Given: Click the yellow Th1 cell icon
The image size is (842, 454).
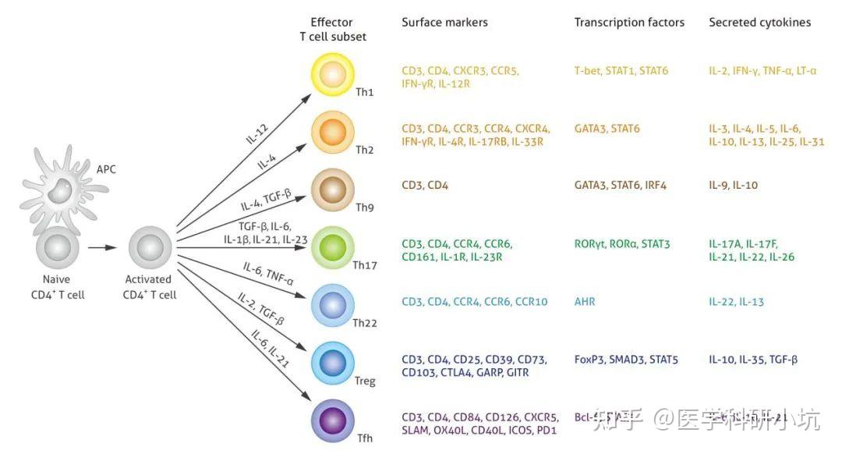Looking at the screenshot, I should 334,75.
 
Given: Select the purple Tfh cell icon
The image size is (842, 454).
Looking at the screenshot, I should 334,419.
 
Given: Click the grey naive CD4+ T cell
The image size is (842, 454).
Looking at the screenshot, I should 56,248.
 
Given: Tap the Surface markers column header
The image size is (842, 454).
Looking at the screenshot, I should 444,23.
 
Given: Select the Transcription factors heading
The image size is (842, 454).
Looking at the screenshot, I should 629,23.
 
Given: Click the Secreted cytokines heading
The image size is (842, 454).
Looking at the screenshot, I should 759,23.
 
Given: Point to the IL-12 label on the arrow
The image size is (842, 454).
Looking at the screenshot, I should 258,133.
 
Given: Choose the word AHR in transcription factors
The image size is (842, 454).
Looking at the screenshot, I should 585,302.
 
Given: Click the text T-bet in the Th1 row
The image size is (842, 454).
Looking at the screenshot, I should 589,71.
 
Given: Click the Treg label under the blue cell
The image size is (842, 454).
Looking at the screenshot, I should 364,381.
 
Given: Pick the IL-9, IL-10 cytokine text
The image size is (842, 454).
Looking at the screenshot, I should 733,186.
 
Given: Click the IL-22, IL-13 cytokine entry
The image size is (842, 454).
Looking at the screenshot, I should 736,302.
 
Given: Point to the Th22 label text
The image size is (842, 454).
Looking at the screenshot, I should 365,323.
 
